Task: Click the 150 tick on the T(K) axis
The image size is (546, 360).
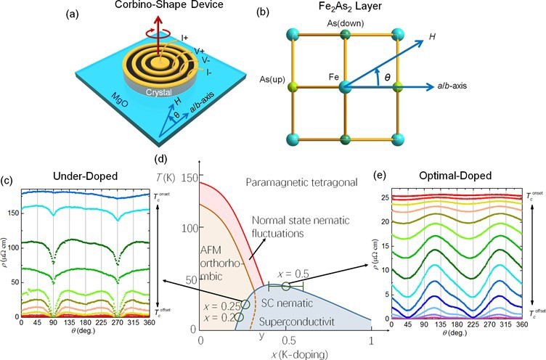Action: (x=190, y=177)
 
